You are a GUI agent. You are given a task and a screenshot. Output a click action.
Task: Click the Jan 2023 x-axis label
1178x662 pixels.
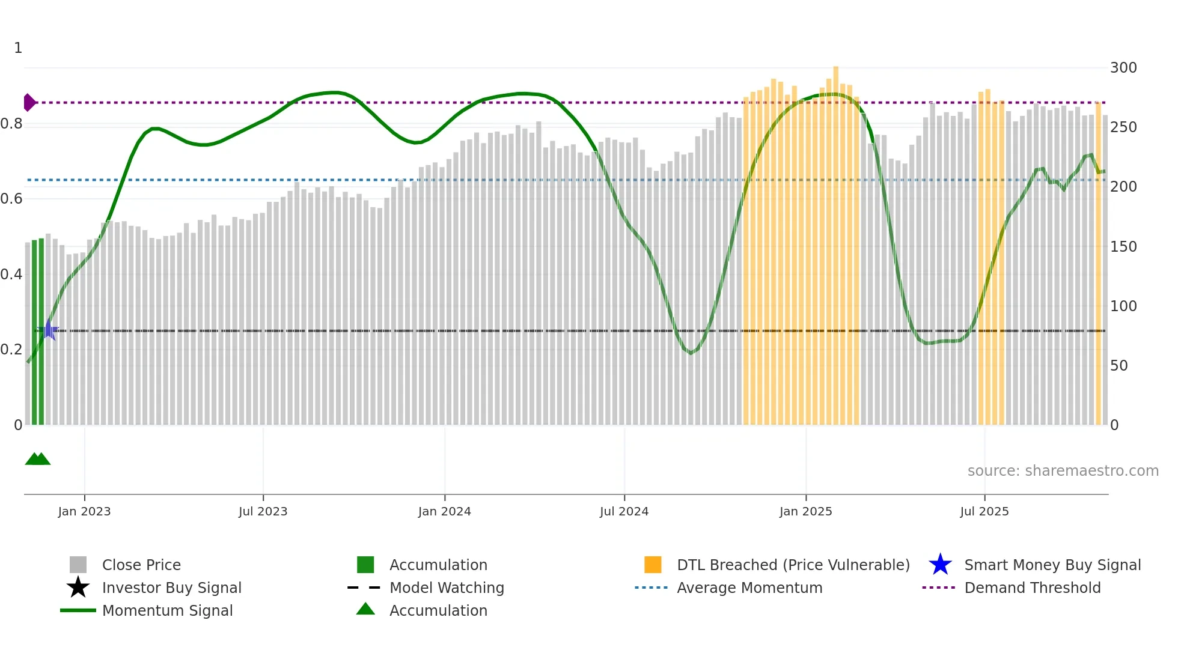click(84, 511)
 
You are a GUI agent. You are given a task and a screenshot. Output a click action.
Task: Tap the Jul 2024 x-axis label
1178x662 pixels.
click(624, 511)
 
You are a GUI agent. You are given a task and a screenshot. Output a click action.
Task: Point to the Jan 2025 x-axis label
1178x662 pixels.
click(805, 511)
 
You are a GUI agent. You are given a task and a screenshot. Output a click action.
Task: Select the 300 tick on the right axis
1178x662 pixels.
click(1123, 67)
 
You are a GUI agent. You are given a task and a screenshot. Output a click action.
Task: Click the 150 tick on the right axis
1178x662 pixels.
click(1123, 246)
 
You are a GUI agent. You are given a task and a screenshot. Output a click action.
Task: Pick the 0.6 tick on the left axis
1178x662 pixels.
click(11, 199)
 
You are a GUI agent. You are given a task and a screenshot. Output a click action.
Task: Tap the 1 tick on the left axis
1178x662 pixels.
click(18, 48)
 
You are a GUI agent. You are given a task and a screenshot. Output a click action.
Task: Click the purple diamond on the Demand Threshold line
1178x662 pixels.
click(29, 103)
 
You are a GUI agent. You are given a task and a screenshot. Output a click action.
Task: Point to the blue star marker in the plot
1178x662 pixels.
click(49, 330)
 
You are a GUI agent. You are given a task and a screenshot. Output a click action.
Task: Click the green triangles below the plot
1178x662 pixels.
click(38, 459)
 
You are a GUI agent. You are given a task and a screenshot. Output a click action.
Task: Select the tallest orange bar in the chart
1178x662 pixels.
click(835, 240)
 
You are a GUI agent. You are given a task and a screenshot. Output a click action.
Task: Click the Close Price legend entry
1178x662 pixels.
click(141, 565)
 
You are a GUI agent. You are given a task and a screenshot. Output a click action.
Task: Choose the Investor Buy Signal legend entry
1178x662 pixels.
click(171, 588)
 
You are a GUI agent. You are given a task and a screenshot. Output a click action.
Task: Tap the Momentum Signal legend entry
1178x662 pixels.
click(167, 610)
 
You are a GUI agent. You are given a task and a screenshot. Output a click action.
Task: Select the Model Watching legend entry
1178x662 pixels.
click(446, 588)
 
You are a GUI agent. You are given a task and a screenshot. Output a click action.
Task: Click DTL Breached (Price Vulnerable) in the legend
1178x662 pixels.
click(793, 565)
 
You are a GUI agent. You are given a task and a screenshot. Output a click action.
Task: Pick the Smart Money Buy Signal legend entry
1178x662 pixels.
click(1052, 565)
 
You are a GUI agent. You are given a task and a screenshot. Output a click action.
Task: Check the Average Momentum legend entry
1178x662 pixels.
click(749, 588)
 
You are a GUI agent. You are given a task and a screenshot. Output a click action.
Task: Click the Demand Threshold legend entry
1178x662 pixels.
click(1032, 588)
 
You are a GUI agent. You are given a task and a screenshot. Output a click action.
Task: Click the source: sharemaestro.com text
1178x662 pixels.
click(1063, 470)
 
